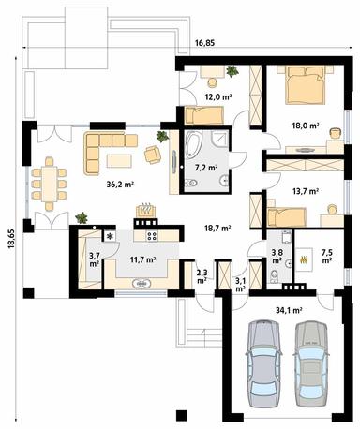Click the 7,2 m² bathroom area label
[205, 169]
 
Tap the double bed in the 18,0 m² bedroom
[303, 87]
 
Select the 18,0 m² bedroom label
[306, 124]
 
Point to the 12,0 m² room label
[218, 96]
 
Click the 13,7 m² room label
[306, 191]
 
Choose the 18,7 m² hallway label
[217, 228]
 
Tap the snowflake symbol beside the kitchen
[109, 237]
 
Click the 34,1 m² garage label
[289, 309]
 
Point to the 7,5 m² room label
[327, 257]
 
